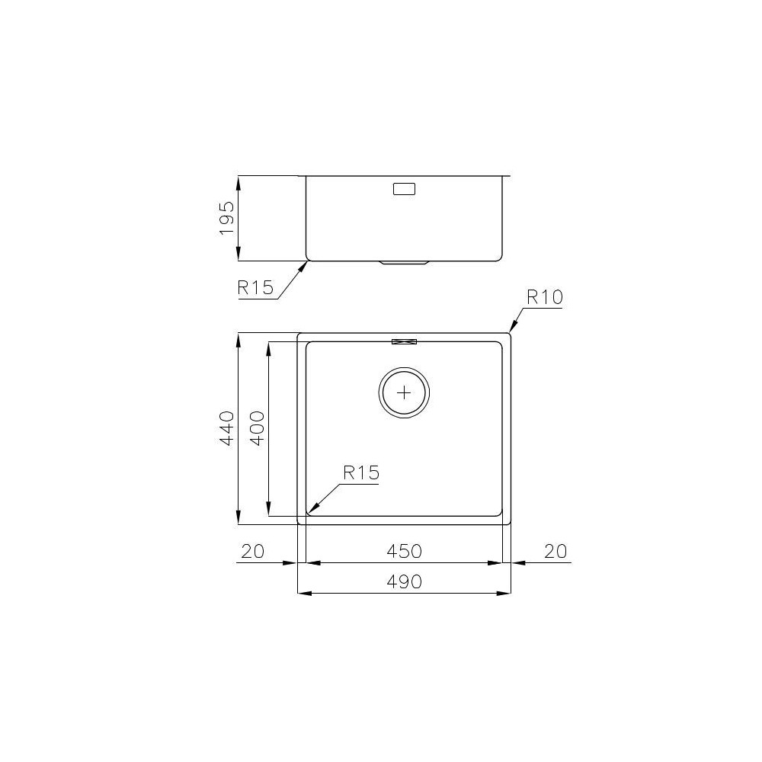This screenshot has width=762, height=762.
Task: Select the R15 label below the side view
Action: tap(255, 288)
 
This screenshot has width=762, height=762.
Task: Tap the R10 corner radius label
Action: tap(544, 297)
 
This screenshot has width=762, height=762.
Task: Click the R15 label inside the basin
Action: tap(360, 472)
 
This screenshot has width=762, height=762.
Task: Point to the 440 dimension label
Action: tap(226, 428)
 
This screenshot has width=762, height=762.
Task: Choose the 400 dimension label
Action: tap(257, 428)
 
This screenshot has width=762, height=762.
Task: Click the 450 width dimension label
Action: tap(404, 551)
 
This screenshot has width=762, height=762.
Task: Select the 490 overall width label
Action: tap(404, 581)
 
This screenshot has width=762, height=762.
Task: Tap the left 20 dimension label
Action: tap(251, 551)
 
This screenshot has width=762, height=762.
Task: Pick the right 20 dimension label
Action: tap(557, 551)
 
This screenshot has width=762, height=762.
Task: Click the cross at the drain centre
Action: tap(404, 393)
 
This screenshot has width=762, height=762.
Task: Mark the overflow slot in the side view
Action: tap(404, 189)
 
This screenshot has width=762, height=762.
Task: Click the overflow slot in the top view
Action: tap(404, 341)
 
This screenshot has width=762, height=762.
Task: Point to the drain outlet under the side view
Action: tap(404, 263)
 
